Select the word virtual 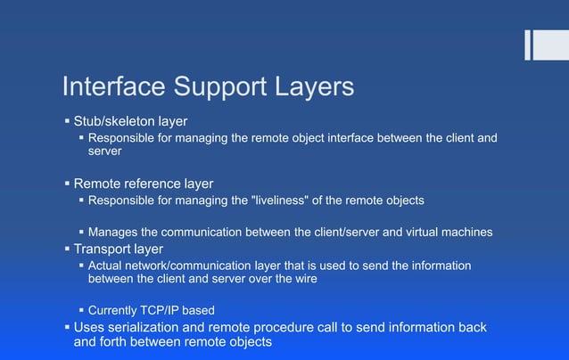[x=408, y=233]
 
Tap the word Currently [x=117, y=311]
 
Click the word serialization [x=152, y=327]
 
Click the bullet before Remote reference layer [x=67, y=184]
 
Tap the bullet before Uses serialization [x=67, y=327]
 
